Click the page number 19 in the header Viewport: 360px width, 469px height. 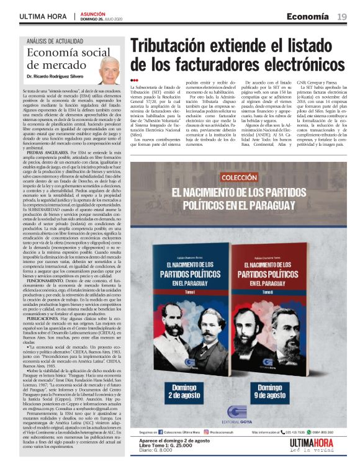[341, 16]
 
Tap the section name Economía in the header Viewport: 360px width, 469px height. [307, 16]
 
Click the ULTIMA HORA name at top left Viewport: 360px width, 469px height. [43, 16]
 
